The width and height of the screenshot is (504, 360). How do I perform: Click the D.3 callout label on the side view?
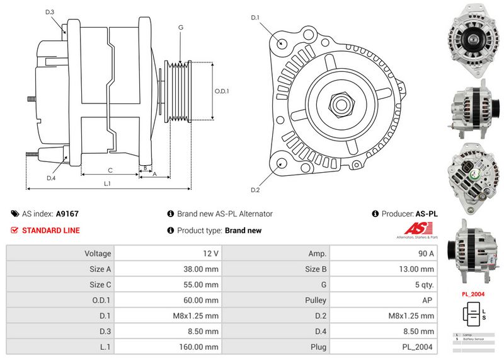pos(50,12)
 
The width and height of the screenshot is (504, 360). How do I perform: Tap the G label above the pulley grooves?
pos(181,27)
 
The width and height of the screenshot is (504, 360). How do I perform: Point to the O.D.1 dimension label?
pos(222,91)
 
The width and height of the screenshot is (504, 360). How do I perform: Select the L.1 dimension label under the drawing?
pos(108,183)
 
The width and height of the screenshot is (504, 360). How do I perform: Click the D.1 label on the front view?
pos(255,17)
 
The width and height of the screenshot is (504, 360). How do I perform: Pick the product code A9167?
pos(67,214)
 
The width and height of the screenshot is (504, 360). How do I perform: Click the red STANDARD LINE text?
pos(51,230)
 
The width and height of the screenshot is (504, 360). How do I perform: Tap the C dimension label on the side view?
pos(110,170)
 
